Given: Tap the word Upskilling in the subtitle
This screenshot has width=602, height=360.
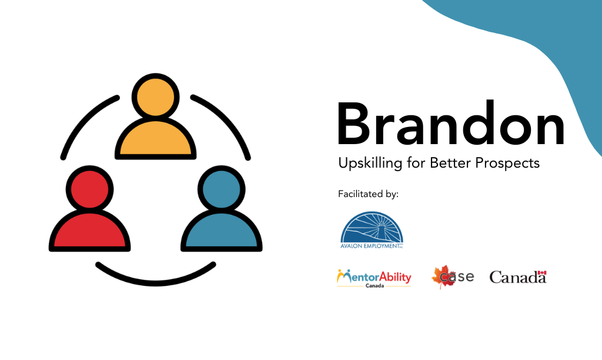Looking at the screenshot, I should pyautogui.click(x=369, y=164).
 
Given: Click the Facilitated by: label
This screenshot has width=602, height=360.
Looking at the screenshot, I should pyautogui.click(x=368, y=194).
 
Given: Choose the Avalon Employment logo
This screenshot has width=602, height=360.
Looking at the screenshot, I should pyautogui.click(x=372, y=231).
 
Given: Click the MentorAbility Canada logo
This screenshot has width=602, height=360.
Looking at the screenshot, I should pyautogui.click(x=374, y=278).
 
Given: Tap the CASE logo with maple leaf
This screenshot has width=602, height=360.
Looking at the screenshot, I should pyautogui.click(x=453, y=276).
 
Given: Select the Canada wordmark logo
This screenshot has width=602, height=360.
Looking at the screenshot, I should pyautogui.click(x=518, y=276).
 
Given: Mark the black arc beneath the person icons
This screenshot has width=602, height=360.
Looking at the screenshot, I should pyautogui.click(x=155, y=275).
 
